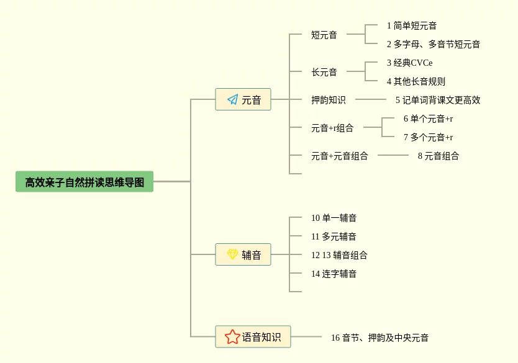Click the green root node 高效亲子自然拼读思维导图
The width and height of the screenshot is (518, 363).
click(84, 181)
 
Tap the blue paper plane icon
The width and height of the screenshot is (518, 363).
click(232, 99)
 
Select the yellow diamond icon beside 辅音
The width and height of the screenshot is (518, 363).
click(232, 254)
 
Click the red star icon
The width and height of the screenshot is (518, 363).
click(232, 336)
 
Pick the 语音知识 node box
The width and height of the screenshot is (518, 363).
click(253, 336)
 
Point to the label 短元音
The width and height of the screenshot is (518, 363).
click(324, 35)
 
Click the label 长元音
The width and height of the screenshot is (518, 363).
click(324, 72)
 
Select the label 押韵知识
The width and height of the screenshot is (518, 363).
click(329, 100)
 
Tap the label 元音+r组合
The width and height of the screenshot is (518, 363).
click(332, 128)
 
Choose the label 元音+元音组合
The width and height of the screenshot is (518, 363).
click(340, 156)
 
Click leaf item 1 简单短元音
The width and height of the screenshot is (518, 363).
click(412, 25)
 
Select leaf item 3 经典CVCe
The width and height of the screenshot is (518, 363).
click(410, 63)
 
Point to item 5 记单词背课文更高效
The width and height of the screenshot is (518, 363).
click(438, 100)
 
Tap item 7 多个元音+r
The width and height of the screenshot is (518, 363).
click(428, 137)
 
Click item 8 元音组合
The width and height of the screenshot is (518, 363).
click(438, 156)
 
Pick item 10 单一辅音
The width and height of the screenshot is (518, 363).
click(334, 218)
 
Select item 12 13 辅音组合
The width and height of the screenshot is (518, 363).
click(339, 255)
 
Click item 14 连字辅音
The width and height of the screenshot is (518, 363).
click(334, 274)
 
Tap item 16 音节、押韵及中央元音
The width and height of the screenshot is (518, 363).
click(379, 338)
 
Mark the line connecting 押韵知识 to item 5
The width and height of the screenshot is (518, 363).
click(371, 99)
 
